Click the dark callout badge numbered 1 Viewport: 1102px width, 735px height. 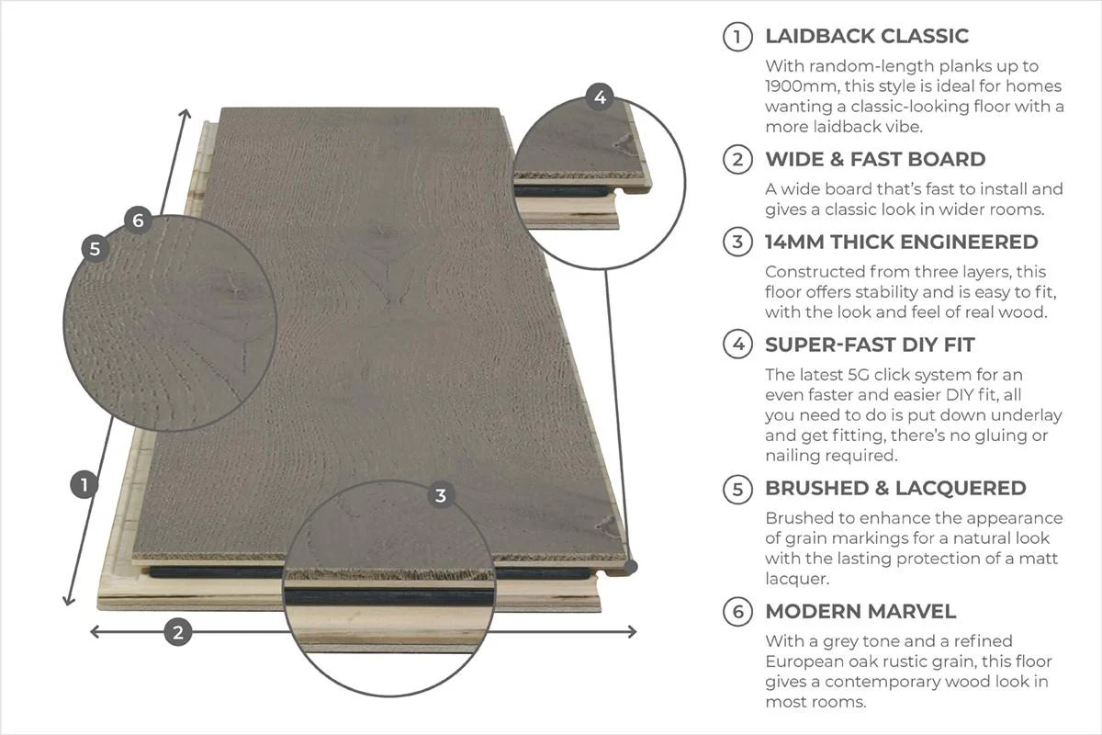click(x=84, y=484)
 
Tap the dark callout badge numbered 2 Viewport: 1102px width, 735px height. click(x=178, y=632)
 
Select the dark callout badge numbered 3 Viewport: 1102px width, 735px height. click(x=441, y=495)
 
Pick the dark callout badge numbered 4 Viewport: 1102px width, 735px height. click(x=600, y=97)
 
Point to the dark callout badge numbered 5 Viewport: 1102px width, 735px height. click(x=96, y=249)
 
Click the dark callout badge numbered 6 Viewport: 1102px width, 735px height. click(x=139, y=220)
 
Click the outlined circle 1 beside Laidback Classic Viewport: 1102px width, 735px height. click(x=737, y=37)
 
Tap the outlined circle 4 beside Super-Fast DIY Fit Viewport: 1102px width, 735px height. click(x=737, y=345)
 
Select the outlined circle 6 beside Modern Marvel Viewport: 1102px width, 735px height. click(x=737, y=612)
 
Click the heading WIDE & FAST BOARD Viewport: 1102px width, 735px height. click(x=875, y=160)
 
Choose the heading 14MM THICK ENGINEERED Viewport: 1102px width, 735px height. click(x=901, y=243)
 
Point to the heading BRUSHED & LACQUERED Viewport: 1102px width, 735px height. click(x=895, y=489)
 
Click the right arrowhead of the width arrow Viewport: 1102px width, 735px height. click(x=632, y=631)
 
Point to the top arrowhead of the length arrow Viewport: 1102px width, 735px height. click(x=185, y=114)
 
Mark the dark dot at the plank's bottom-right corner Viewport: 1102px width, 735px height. click(x=631, y=567)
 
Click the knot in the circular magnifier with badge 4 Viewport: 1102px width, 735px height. click(x=624, y=145)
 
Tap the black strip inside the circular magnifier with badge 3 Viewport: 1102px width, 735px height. click(x=388, y=597)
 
